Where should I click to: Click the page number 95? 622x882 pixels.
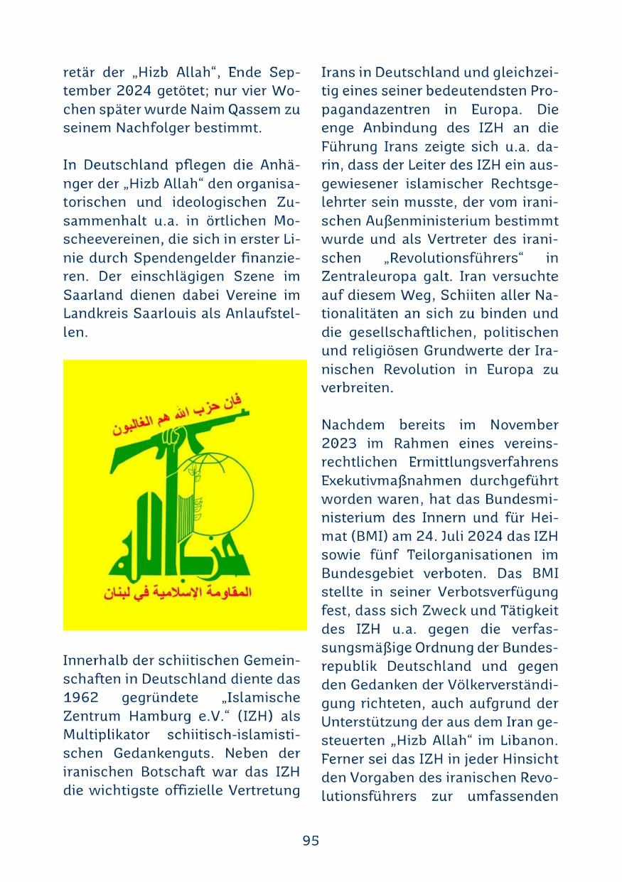(x=311, y=840)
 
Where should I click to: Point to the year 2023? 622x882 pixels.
(x=340, y=443)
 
